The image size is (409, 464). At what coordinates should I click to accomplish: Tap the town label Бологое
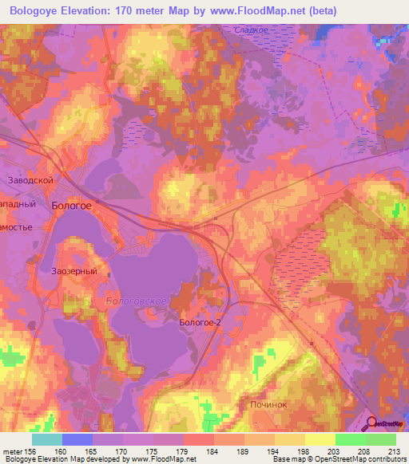tap(71, 205)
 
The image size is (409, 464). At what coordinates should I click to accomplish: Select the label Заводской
tap(30, 181)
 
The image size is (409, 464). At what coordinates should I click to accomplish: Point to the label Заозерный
tap(74, 271)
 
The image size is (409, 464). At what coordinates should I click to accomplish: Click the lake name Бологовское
tap(135, 301)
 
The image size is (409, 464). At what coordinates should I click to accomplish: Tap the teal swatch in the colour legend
tap(46, 439)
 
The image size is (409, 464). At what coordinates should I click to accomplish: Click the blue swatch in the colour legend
tap(77, 439)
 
